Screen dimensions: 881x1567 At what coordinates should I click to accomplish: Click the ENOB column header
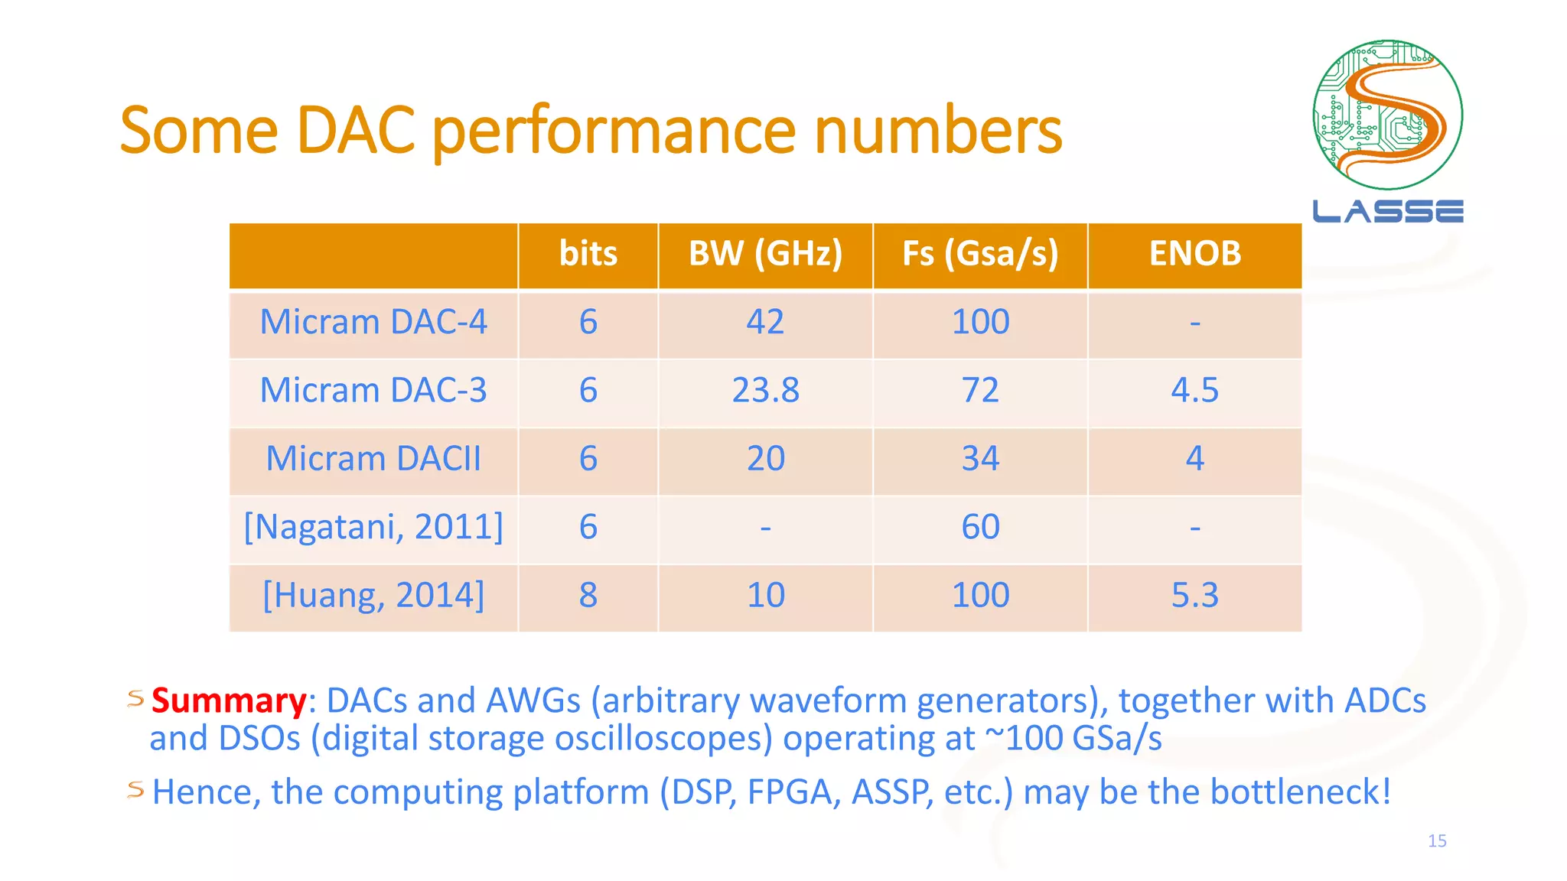click(x=1194, y=254)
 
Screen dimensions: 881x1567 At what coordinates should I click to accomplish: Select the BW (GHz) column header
click(x=765, y=254)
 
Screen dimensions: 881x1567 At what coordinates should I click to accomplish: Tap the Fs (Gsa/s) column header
click(x=980, y=254)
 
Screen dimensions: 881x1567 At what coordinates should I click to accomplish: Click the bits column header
click(x=588, y=254)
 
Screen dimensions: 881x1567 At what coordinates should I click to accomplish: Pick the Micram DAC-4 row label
click(x=373, y=322)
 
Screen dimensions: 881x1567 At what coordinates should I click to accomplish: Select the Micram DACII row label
click(x=373, y=459)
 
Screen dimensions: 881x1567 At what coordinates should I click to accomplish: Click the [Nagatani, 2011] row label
click(x=373, y=527)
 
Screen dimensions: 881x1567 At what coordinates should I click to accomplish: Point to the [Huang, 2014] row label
click(x=373, y=595)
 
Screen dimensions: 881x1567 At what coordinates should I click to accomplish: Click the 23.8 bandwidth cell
click(x=765, y=391)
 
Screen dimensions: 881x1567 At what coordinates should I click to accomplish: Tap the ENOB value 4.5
click(x=1194, y=391)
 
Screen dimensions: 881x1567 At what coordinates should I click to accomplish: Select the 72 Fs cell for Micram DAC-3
click(x=980, y=391)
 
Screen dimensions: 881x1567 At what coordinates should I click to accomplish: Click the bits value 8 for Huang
click(x=588, y=595)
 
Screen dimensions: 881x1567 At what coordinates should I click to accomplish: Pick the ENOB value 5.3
click(x=1194, y=595)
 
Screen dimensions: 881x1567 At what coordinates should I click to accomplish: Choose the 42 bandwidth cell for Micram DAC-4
click(x=765, y=322)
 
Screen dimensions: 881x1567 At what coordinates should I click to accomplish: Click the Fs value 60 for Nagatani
click(x=980, y=527)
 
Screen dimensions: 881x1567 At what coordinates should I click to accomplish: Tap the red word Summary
click(x=229, y=701)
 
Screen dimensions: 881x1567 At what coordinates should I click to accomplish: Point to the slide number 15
click(x=1437, y=841)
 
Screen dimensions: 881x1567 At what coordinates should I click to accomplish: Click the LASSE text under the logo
click(x=1388, y=211)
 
